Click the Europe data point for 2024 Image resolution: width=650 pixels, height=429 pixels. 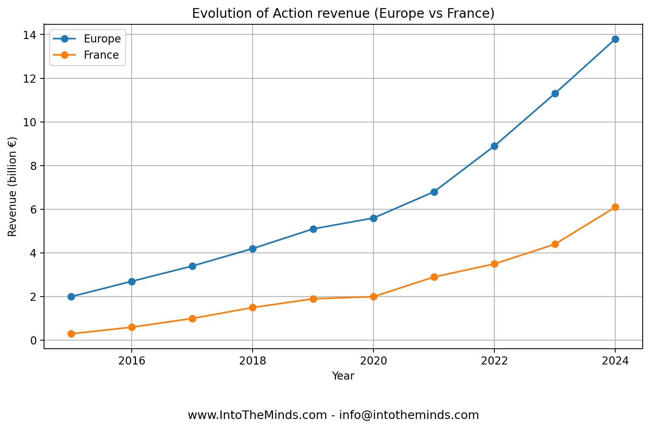(615, 39)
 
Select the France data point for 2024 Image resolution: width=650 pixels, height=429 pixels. (615, 207)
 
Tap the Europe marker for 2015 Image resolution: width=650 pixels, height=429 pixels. (71, 297)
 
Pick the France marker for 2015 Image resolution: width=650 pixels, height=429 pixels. (71, 334)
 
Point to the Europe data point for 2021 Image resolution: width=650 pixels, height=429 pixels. (434, 192)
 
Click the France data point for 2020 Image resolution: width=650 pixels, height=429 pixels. (373, 297)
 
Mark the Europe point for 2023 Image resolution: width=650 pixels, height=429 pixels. (555, 93)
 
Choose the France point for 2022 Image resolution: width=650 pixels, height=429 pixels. (494, 264)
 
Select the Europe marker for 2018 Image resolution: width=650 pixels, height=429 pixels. (253, 249)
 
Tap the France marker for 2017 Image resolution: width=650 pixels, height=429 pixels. (192, 319)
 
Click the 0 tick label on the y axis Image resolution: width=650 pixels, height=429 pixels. (34, 341)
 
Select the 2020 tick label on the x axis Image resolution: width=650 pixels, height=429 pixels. (373, 361)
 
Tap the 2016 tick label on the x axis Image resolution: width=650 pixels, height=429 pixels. (132, 361)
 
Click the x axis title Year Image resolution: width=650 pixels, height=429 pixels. (343, 376)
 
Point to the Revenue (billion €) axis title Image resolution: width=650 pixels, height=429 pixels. (12, 187)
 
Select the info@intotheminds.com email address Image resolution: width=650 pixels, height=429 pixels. (409, 415)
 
